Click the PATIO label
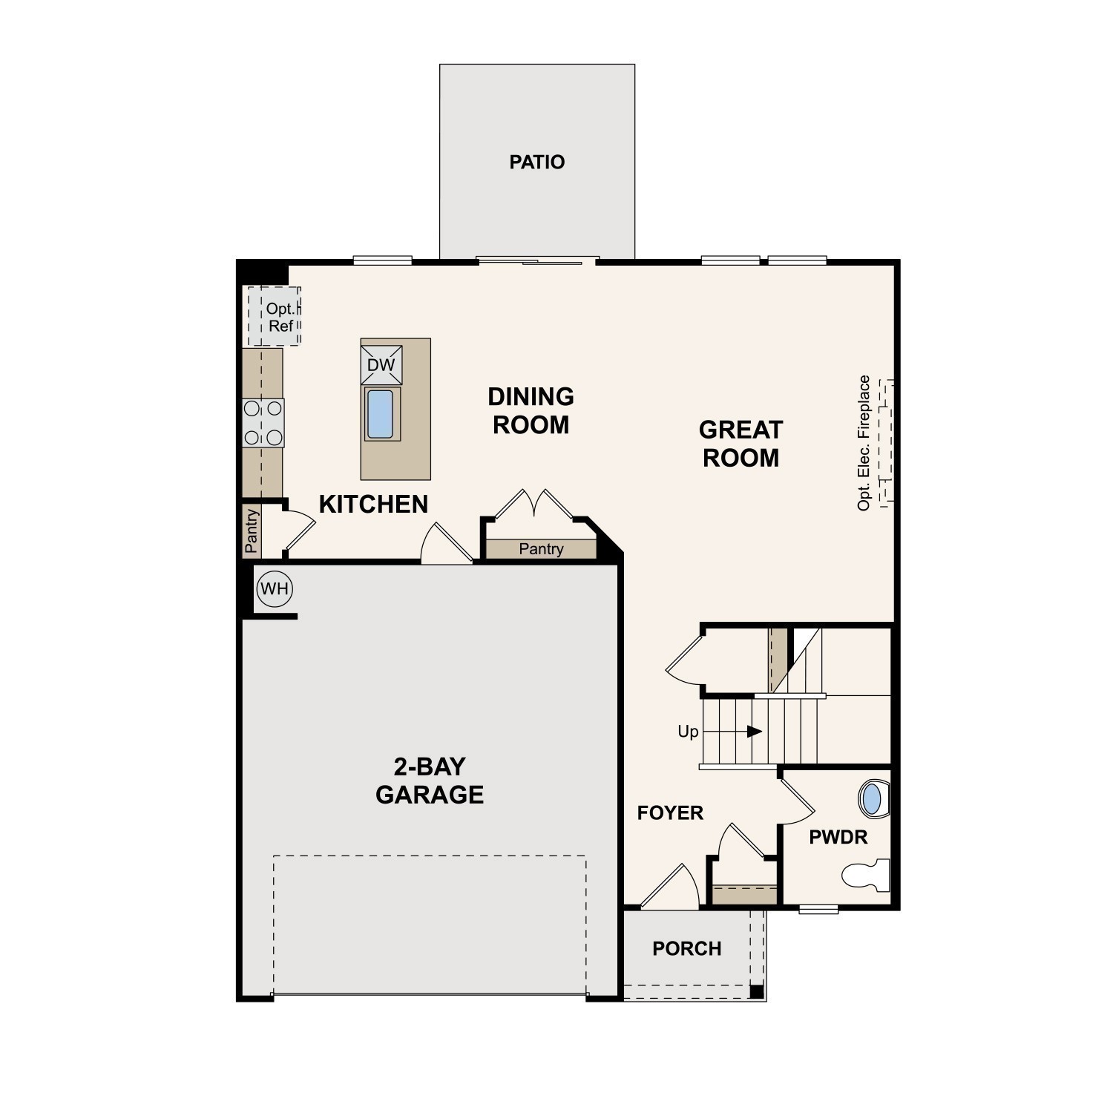click(x=536, y=162)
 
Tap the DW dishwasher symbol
click(x=381, y=365)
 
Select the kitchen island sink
click(x=380, y=414)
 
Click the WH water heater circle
click(x=275, y=589)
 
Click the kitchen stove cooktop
click(x=263, y=422)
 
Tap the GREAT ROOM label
click(x=741, y=444)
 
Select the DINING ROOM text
click(x=531, y=410)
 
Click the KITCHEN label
click(x=373, y=505)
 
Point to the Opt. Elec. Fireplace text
click(x=864, y=443)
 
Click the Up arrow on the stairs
click(x=755, y=732)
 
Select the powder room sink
click(x=873, y=799)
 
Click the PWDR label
click(x=838, y=838)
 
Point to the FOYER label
click(x=670, y=813)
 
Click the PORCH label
click(x=686, y=948)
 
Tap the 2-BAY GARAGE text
click(x=430, y=781)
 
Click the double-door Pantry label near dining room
click(x=541, y=549)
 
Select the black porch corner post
click(x=756, y=991)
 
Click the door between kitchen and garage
click(x=446, y=545)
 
